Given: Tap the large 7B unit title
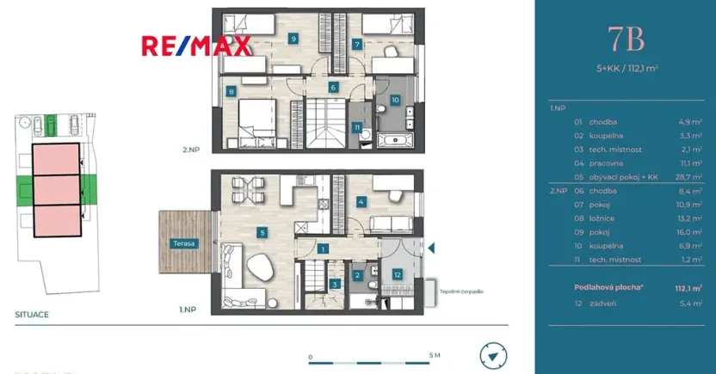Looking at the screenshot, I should pyautogui.click(x=627, y=40).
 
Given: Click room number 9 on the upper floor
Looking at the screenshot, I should pyautogui.click(x=293, y=39).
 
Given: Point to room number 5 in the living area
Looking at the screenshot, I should pyautogui.click(x=262, y=231).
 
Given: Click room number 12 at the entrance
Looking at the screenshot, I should pyautogui.click(x=397, y=274).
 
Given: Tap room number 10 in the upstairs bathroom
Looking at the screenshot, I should pyautogui.click(x=395, y=100).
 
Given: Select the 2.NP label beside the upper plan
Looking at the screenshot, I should pyautogui.click(x=191, y=150).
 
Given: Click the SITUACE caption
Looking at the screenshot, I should pyautogui.click(x=31, y=315).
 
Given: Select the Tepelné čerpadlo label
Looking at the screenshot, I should pyautogui.click(x=460, y=291).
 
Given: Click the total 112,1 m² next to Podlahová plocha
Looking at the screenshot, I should pyautogui.click(x=686, y=290).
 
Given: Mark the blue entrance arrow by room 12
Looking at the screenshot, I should pyautogui.click(x=433, y=249).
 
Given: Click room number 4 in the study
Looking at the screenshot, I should pyautogui.click(x=361, y=202).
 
